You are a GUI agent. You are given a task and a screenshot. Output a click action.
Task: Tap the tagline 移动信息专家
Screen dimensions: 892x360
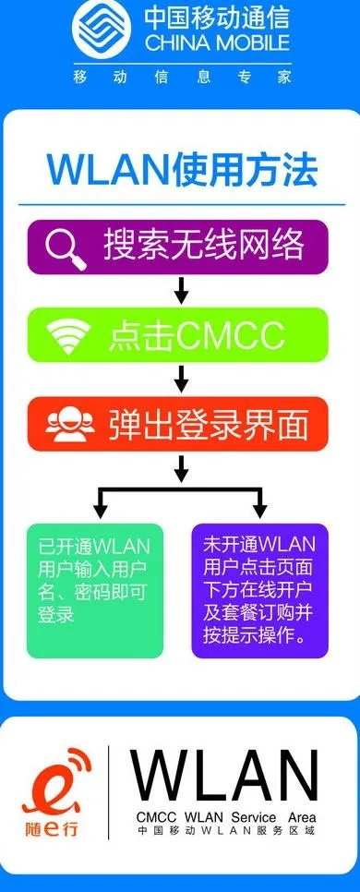tap(182, 78)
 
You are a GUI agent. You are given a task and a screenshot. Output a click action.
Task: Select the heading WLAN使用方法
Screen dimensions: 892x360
tap(182, 169)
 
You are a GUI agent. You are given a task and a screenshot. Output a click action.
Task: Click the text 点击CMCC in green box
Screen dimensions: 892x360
tap(196, 337)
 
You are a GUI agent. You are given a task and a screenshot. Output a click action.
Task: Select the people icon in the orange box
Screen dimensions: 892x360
tap(70, 427)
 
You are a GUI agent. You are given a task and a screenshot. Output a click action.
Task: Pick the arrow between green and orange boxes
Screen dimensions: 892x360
tap(181, 379)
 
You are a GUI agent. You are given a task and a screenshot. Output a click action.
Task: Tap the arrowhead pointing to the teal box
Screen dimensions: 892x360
tap(100, 509)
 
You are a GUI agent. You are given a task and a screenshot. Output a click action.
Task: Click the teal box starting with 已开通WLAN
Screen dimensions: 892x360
tap(94, 591)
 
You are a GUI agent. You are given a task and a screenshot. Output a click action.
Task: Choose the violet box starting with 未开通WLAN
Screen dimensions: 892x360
tap(259, 591)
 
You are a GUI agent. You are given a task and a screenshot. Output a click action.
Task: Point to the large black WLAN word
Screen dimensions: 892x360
tap(224, 775)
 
